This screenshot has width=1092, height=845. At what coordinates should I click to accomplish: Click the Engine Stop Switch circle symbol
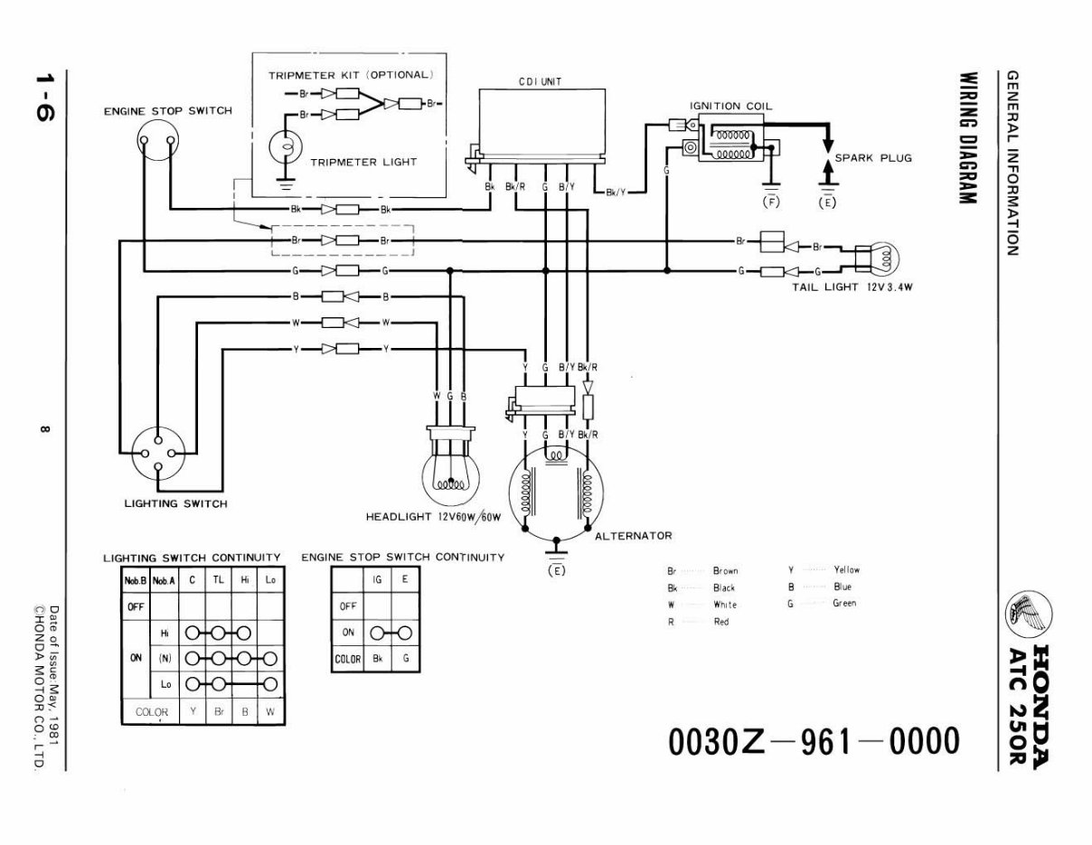156,141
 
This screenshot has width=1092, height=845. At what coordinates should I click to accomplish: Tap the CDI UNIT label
540,81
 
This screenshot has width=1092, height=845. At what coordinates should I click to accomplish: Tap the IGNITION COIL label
730,106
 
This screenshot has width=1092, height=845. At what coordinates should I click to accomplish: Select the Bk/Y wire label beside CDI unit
615,192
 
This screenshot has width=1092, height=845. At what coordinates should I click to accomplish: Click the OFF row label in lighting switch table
136,607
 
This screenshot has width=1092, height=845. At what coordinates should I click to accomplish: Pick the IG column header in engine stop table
376,578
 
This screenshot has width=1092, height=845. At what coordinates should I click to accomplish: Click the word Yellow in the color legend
846,570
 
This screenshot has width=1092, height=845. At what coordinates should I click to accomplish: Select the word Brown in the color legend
725,571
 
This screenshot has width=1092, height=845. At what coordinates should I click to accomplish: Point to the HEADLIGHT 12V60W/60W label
433,518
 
